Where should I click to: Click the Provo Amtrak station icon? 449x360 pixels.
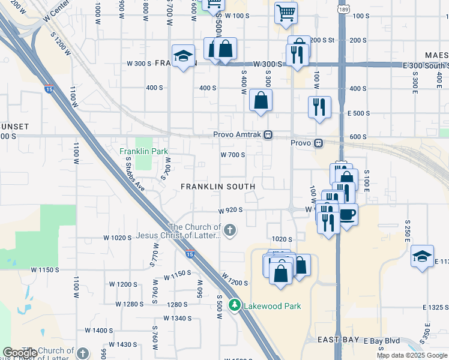pos(269,135)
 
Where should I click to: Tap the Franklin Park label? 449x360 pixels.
pos(143,151)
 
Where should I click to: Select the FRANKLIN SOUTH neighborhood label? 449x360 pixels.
pos(218,187)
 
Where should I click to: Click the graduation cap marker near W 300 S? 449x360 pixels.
pos(182,56)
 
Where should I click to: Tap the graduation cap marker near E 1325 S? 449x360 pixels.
pos(422,256)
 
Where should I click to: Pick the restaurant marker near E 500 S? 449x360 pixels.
pos(319,107)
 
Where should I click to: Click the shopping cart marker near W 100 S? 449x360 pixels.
pos(286,12)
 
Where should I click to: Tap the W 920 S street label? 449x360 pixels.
pos(231,211)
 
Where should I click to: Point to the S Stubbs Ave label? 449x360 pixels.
pos(135,174)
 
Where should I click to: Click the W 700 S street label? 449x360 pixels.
pos(234,154)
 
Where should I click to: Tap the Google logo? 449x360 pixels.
pos(20,353)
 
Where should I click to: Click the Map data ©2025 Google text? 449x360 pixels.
pos(412,356)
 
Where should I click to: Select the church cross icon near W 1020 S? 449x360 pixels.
pos(229,230)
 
